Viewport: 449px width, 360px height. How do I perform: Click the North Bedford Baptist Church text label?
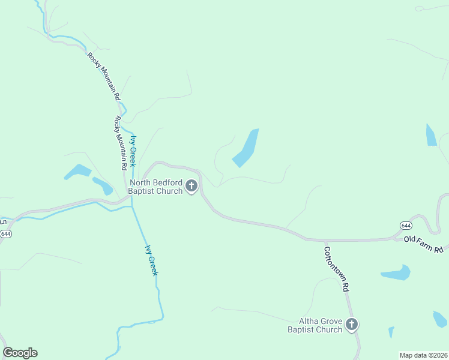tap(156, 187)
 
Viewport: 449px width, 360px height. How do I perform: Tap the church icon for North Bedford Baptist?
tap(191, 187)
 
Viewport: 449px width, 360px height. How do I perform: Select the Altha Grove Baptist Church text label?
tap(315, 325)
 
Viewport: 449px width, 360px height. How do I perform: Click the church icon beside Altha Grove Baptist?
tap(352, 325)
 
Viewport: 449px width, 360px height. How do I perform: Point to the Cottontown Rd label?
tap(336, 269)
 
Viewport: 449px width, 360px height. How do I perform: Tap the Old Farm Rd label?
tap(423, 244)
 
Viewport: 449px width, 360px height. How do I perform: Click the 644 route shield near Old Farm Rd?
tap(406, 225)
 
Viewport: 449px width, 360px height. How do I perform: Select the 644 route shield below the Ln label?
tap(5, 233)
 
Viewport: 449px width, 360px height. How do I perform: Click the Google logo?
tap(20, 353)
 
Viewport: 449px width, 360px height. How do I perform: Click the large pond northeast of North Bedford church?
tap(246, 149)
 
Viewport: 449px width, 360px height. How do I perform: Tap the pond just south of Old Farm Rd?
tap(396, 273)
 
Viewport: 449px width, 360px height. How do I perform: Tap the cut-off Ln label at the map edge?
tap(2, 221)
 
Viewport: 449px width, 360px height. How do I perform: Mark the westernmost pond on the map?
tap(77, 172)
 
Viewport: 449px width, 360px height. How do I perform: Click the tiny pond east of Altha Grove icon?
tap(391, 332)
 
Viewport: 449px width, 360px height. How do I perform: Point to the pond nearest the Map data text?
tap(440, 319)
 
